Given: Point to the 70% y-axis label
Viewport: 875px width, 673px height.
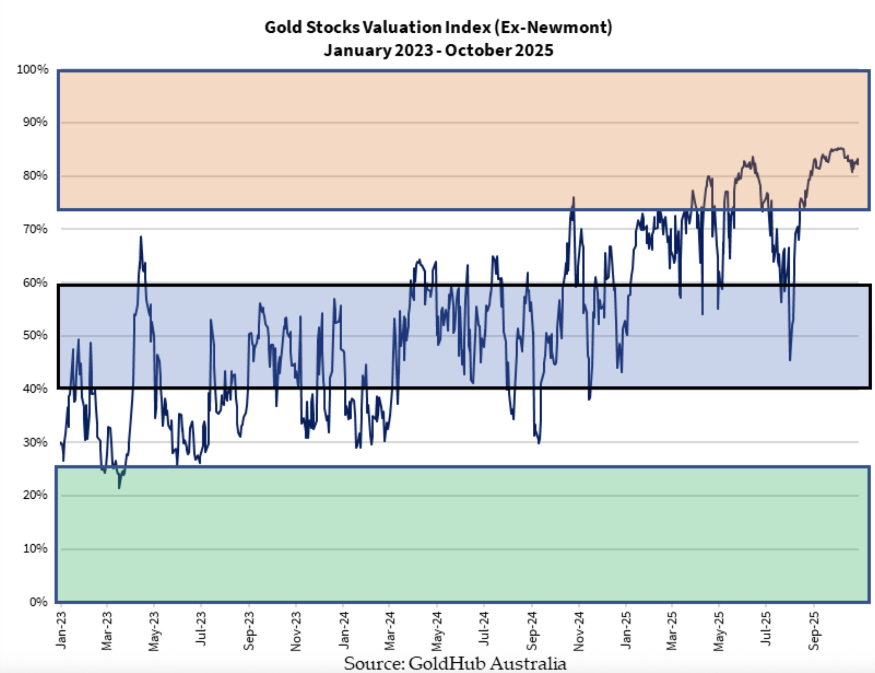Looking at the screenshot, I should tap(35, 229).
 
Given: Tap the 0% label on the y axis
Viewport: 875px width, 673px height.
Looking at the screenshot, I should tap(38, 602).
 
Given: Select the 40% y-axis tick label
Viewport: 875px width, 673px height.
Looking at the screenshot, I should tap(35, 389).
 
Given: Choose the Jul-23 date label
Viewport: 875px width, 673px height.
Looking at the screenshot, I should tap(201, 629).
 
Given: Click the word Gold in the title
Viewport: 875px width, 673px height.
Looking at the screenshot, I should tap(283, 27).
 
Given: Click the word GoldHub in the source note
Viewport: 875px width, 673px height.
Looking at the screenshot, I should tap(447, 663).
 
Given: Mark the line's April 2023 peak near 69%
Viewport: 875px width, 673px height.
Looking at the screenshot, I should tap(140, 237).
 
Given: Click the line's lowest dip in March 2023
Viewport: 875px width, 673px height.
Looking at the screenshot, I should tap(119, 488).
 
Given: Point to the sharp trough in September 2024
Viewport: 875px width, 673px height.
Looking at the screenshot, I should tap(538, 443).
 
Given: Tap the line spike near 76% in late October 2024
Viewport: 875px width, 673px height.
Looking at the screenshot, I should tap(574, 197).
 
